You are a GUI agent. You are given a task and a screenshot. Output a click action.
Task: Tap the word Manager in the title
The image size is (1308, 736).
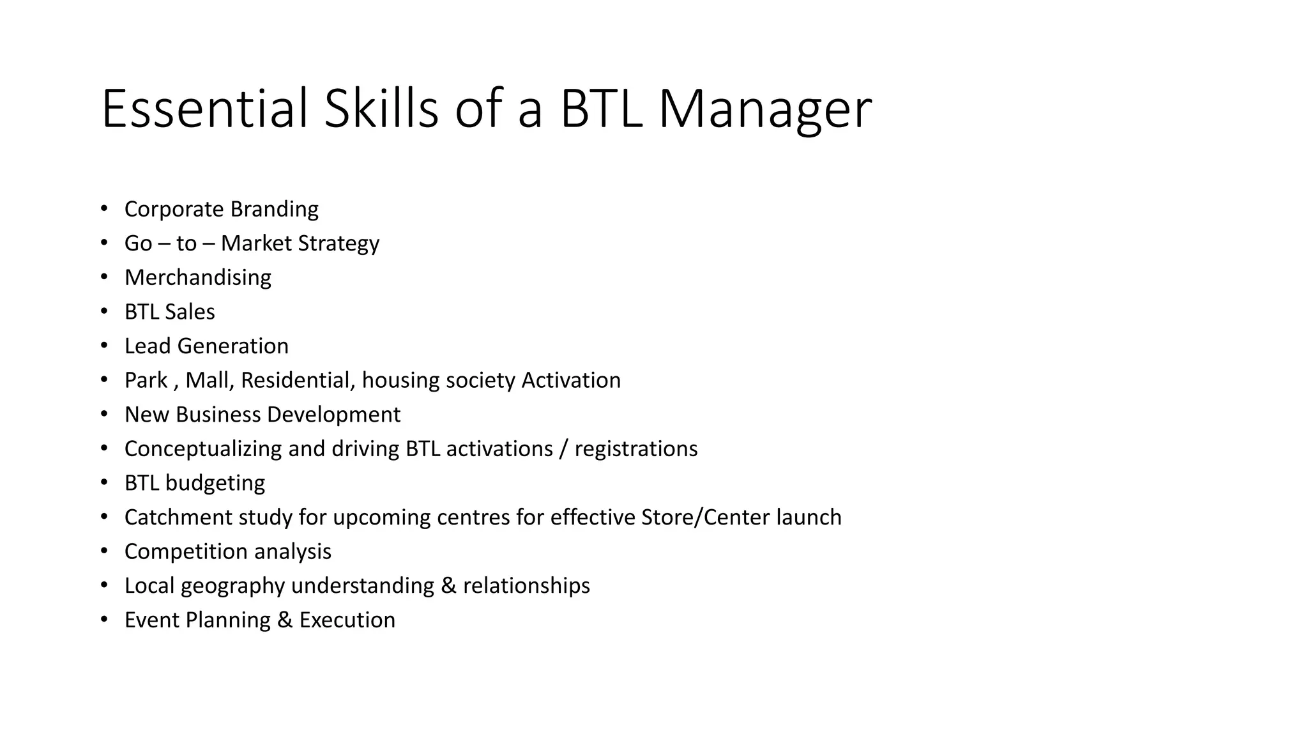pos(764,110)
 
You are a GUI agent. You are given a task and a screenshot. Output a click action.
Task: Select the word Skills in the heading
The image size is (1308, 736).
pos(381,109)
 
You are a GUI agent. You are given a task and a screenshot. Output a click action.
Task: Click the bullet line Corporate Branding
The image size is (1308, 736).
pos(221,209)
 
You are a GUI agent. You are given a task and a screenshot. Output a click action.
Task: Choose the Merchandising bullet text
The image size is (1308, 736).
pos(197,277)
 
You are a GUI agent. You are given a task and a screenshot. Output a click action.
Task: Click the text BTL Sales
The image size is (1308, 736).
pos(169,312)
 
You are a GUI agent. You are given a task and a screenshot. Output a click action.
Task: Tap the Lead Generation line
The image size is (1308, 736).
pos(206,346)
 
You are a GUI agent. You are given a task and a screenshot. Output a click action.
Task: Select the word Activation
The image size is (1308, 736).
pos(571,380)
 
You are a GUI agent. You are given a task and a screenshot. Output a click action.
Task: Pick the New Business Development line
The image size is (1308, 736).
pos(262,415)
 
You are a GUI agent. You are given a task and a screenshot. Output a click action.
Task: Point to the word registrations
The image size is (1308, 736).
pos(635,448)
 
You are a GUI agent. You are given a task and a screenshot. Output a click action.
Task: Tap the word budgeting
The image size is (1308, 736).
pos(215,483)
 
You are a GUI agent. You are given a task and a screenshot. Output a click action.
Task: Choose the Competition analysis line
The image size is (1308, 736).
pos(227,551)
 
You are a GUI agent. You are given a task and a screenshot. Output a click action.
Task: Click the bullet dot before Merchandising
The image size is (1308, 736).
pos(104,277)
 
